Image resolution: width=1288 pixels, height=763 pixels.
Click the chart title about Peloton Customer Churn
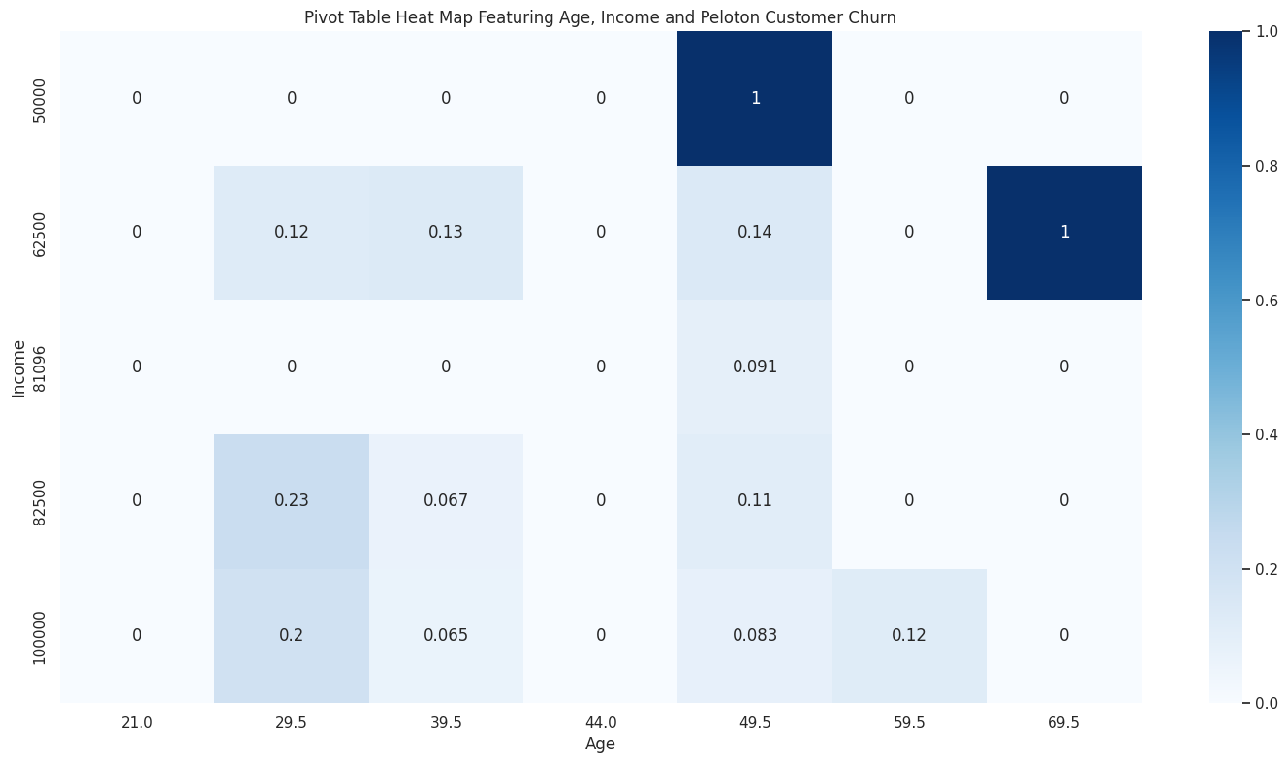click(x=600, y=17)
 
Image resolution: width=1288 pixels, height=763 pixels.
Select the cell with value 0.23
click(x=291, y=500)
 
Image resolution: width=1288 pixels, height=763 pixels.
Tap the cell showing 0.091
click(x=754, y=366)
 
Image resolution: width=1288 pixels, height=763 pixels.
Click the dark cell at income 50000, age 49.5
click(x=754, y=98)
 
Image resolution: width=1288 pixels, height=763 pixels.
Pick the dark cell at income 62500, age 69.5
click(x=1063, y=233)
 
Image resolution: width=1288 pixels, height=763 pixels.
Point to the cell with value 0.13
click(x=446, y=233)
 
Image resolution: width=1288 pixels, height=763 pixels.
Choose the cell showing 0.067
click(x=446, y=500)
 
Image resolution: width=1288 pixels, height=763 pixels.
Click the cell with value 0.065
click(x=446, y=635)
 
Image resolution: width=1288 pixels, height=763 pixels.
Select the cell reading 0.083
click(x=754, y=635)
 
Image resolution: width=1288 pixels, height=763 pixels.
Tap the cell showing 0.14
click(x=754, y=233)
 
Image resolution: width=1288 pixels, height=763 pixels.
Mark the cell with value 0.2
click(x=291, y=635)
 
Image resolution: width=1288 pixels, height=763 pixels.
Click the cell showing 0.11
click(x=754, y=500)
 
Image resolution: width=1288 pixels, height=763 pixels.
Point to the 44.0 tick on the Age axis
click(x=600, y=722)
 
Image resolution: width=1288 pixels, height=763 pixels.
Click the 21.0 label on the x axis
click(x=137, y=722)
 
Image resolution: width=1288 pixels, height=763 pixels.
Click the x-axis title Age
click(x=600, y=745)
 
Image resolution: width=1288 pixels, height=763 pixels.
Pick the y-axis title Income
click(x=18, y=366)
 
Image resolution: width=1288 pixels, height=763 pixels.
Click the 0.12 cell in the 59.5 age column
click(x=909, y=635)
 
